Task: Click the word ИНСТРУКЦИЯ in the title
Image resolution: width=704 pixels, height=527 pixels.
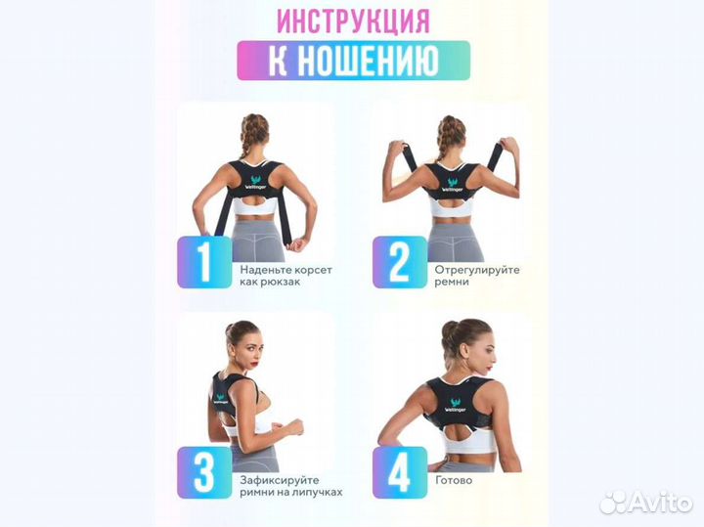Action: (x=352, y=20)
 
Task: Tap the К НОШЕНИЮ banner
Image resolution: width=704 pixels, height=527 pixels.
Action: (x=352, y=61)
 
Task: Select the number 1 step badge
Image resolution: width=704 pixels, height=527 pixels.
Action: (x=204, y=261)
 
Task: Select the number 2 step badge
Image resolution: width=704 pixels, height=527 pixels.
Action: (x=399, y=261)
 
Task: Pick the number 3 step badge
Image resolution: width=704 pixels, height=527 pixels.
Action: (x=204, y=472)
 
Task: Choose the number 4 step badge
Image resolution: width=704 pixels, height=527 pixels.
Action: (x=399, y=472)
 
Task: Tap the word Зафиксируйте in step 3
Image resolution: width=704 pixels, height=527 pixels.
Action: (x=278, y=480)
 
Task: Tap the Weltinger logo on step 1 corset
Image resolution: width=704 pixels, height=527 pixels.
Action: (x=254, y=183)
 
